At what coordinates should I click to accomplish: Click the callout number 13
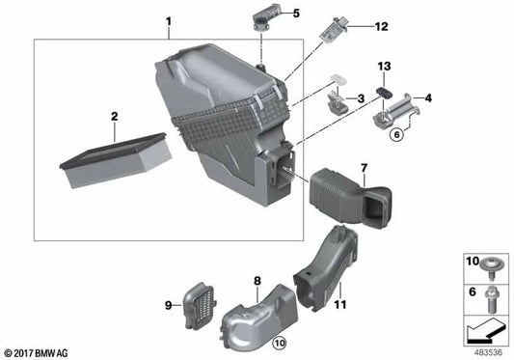point(384,66)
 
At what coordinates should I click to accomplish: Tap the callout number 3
point(359,98)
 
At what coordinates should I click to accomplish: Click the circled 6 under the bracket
point(395,136)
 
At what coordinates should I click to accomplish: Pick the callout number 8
point(257,281)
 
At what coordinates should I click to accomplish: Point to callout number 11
point(338,304)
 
